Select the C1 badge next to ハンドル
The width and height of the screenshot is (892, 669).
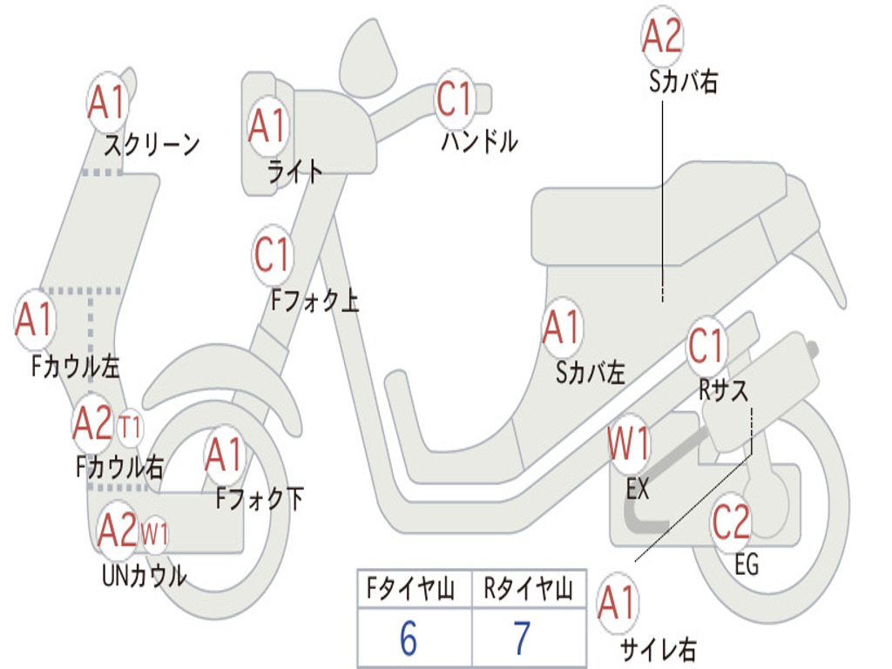(455, 98)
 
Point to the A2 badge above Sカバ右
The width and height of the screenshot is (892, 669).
(662, 37)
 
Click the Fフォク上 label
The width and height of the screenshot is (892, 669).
(314, 301)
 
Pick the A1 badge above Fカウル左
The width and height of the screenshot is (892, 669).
(36, 320)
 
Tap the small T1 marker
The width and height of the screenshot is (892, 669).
(130, 429)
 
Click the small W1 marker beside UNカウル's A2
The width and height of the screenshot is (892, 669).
(154, 532)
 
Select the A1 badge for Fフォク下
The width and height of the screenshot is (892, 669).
(225, 455)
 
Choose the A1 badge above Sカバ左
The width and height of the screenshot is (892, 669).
(561, 328)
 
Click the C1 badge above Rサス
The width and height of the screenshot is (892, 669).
(706, 347)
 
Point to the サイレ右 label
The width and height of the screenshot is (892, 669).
(658, 648)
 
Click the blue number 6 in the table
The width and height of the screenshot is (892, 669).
(409, 639)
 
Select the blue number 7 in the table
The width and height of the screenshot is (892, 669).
(521, 639)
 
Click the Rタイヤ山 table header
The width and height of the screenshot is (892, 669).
(528, 591)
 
